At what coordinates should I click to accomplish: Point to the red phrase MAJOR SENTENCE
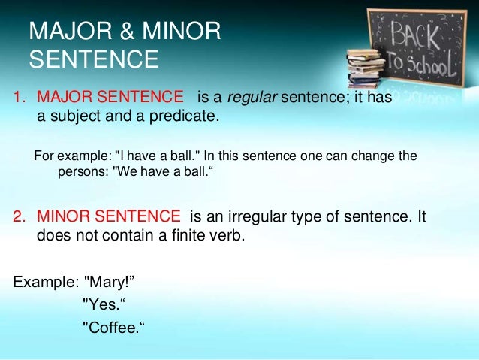point(110,98)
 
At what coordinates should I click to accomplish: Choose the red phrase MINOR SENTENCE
point(108,217)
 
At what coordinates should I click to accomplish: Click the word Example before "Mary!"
point(43,283)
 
